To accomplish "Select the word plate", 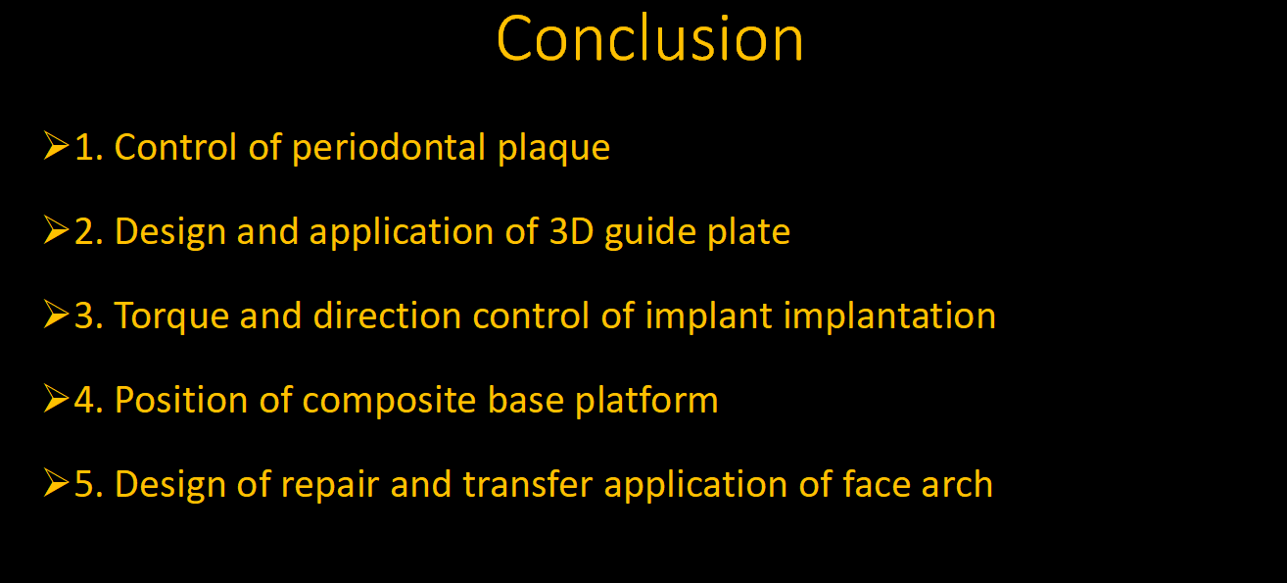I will [749, 233].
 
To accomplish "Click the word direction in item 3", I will [387, 316].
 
